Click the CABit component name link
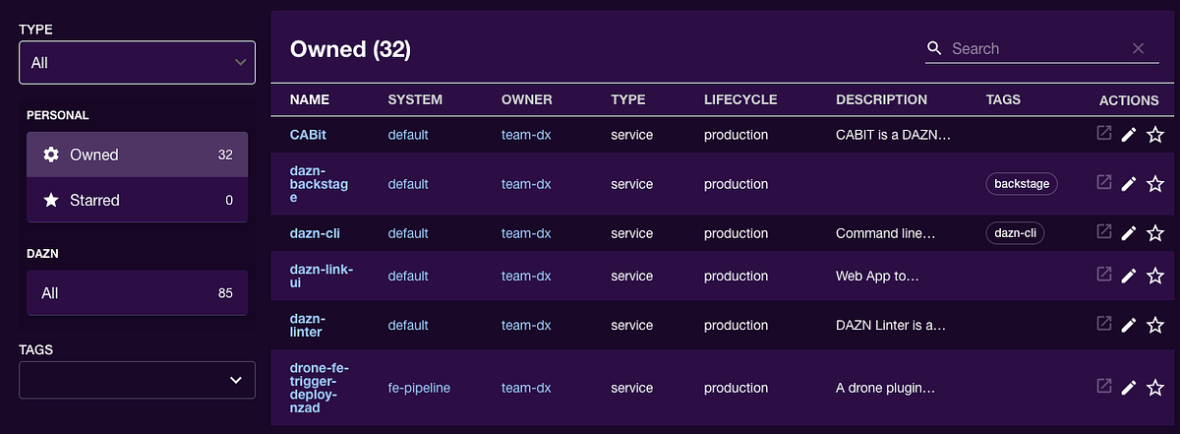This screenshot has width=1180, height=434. point(308,135)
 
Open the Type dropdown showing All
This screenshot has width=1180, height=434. point(137,63)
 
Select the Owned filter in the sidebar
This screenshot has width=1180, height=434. point(137,155)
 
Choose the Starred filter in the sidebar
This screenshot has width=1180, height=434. point(137,200)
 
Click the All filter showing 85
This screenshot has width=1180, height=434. point(137,292)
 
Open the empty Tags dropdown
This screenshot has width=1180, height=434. point(137,380)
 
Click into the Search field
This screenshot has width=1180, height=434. point(1032,48)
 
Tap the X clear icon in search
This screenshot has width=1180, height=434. point(1138,48)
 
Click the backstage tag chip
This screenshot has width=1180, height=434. point(1022,183)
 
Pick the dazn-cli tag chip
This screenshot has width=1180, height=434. point(1015,233)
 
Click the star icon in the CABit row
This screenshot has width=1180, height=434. point(1155,135)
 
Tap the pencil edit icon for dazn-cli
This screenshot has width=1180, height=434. point(1129,233)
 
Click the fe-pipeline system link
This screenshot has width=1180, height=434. point(419,388)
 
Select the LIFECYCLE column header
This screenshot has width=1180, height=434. point(740,99)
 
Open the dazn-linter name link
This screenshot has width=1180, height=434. point(307,325)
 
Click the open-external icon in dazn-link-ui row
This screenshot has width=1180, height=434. point(1103,275)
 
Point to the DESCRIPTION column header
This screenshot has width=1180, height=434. point(881,99)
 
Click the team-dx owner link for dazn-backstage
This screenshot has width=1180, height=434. point(526,184)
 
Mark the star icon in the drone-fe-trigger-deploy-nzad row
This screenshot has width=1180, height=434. point(1155,388)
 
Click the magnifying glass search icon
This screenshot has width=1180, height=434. point(934,48)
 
